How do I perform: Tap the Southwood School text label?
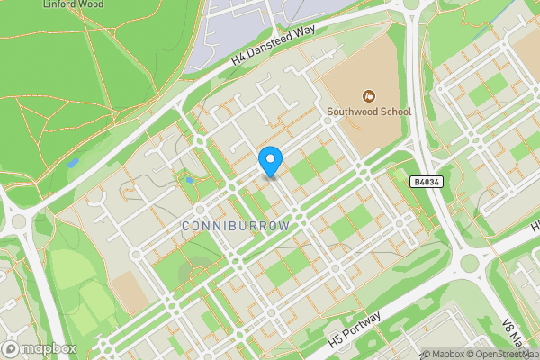point(369,112)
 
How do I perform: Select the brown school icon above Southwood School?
point(367,95)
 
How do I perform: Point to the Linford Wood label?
point(73,4)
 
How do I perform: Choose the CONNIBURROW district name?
point(236,227)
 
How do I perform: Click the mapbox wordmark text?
point(50,348)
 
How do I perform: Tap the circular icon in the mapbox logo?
point(12,348)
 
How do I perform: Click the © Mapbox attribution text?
point(444,354)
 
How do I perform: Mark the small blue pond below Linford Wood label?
point(72,163)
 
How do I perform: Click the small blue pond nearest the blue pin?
point(190,179)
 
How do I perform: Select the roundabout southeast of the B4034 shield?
point(466,263)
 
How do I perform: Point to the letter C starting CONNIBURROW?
point(186,227)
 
